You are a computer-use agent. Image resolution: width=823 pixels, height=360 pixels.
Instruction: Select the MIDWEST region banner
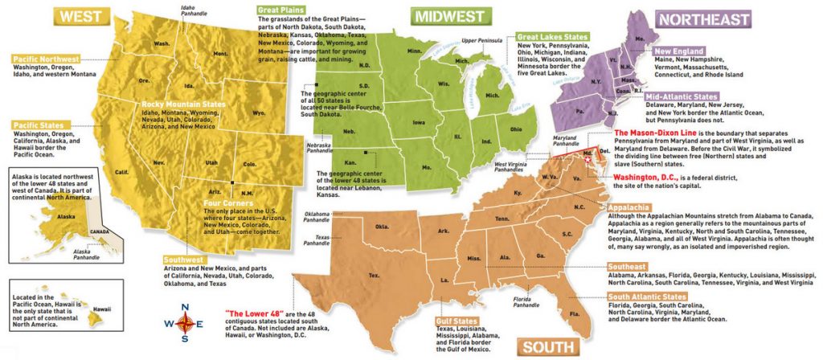coord(449,16)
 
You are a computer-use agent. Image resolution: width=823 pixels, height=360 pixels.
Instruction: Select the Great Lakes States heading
coord(553,37)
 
